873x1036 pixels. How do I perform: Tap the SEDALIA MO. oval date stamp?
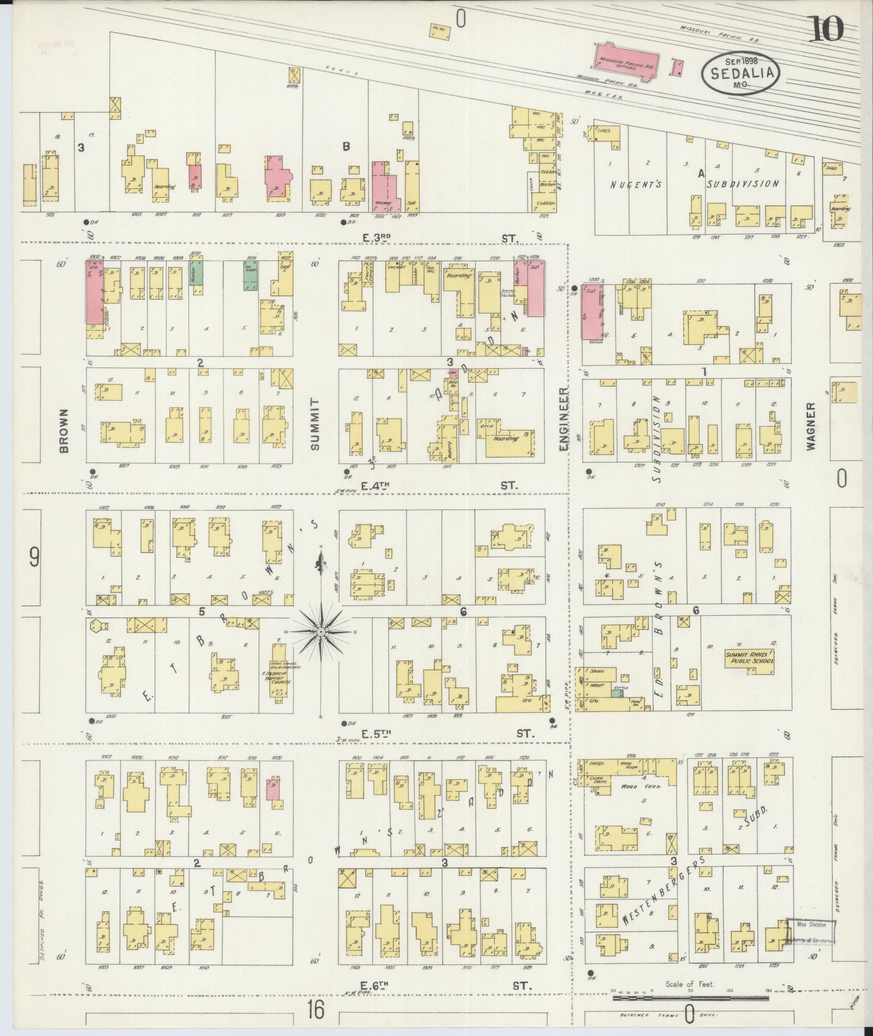(740, 74)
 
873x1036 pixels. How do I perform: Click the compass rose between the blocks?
(321, 632)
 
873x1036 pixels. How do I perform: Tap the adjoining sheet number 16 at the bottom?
(316, 1009)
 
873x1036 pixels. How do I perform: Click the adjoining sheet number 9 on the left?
(34, 557)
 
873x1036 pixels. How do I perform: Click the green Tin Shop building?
(250, 277)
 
